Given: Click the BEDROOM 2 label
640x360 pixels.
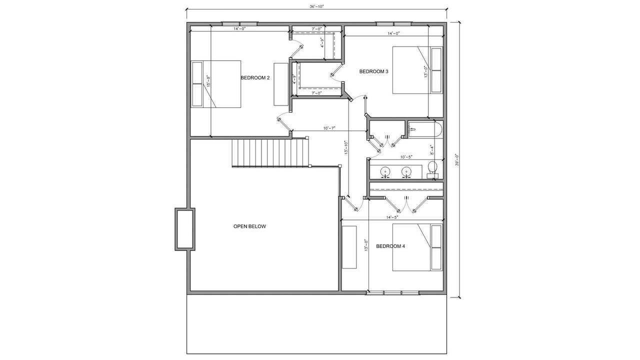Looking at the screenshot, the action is coord(255,77).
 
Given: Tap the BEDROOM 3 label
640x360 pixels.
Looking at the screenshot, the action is coord(373,71).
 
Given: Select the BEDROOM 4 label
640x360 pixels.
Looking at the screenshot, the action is coord(390,246).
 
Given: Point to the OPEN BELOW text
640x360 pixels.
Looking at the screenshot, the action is coord(249,226).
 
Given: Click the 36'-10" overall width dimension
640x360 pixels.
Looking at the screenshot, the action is coord(316,6).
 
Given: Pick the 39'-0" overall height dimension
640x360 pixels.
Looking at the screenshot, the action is coord(456,160).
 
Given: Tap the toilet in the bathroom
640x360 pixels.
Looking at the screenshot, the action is coord(432,169).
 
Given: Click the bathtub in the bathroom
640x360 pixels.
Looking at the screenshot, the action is coord(425,129).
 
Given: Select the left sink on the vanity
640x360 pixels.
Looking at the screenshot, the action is coord(385,171).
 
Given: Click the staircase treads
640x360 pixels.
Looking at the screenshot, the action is coord(271,153).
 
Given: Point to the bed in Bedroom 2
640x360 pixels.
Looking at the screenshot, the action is coord(215,84).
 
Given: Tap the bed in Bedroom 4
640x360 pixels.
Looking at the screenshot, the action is coord(417,247).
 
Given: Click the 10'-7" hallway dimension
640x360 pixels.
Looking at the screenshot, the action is coord(329,128).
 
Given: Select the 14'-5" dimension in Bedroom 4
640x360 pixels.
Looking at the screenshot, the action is coord(392,217).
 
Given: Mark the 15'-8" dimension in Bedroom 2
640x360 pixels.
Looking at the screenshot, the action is coord(208,81).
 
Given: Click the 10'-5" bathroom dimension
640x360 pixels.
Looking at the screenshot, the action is coord(406,157).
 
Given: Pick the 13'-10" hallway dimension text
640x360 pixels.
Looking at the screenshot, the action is coord(346,147).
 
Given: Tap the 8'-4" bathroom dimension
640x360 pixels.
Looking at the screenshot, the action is coord(432,150).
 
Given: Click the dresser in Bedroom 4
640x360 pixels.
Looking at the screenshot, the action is coord(349,247).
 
